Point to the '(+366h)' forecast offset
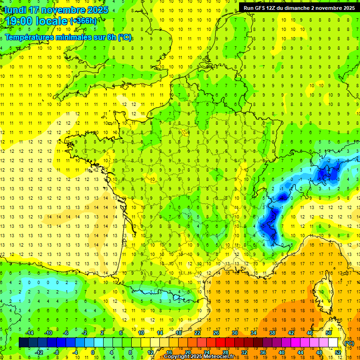[83, 21]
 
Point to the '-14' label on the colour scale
[30, 333]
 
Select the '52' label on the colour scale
[338, 352]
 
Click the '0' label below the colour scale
[93, 352]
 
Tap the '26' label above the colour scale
[216, 333]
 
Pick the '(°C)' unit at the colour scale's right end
[349, 343]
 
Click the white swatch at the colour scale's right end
[333, 343]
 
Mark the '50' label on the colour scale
[329, 333]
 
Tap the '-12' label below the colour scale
[39, 352]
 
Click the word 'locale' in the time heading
[53, 21]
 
